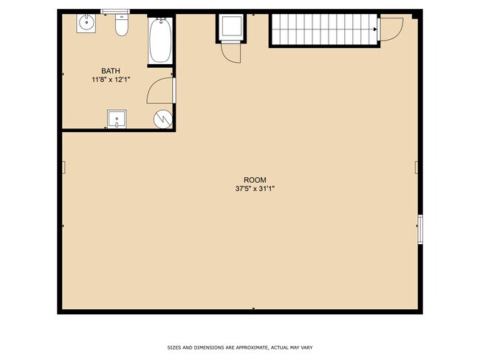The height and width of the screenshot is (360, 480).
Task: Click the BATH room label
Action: pos(111,71)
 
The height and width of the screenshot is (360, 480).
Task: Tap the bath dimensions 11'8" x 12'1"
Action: pos(111,80)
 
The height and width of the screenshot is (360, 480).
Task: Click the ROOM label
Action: pos(255,180)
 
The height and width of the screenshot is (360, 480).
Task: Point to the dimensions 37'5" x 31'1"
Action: pos(255,189)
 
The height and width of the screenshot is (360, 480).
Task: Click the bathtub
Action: pos(160,41)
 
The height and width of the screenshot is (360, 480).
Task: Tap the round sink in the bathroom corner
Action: pos(86,23)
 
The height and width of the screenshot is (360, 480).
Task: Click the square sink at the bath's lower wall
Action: pos(117,119)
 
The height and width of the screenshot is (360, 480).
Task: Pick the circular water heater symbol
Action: pos(163,119)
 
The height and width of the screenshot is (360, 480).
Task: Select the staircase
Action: pos(325,30)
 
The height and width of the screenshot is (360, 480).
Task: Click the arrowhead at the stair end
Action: pos(375,30)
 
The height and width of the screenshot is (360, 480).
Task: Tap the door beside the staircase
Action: pos(391,30)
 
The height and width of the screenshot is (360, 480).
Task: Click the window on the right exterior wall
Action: pos(420,229)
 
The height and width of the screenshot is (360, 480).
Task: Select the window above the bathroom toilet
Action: pos(115,12)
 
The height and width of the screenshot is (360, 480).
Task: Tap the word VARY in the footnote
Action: pos(306,347)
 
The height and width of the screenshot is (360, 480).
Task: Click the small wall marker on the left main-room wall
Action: pos(64,167)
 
